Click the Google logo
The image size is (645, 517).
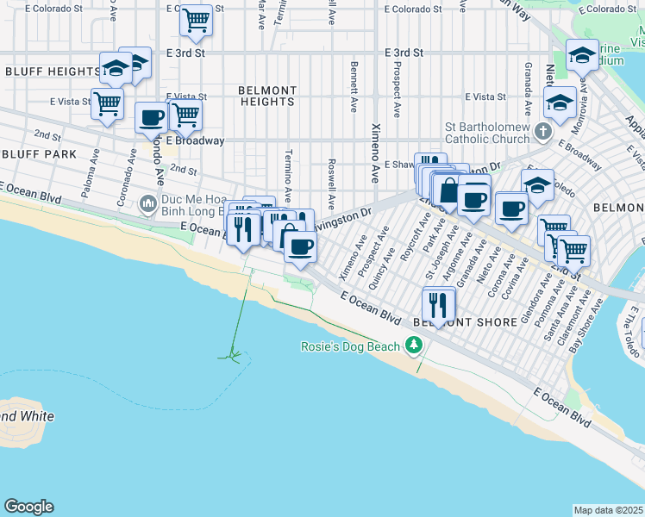click(28, 507)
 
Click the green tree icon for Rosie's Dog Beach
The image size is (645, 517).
click(415, 346)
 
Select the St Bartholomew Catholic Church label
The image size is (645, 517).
click(487, 133)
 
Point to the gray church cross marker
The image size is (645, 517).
click(542, 132)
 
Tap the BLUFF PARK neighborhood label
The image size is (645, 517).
click(39, 154)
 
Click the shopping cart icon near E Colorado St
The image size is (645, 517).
click(197, 18)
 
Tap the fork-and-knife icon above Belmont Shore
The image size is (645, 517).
click(438, 303)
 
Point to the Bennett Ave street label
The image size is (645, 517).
click(354, 86)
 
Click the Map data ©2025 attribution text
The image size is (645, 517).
click(608, 510)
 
